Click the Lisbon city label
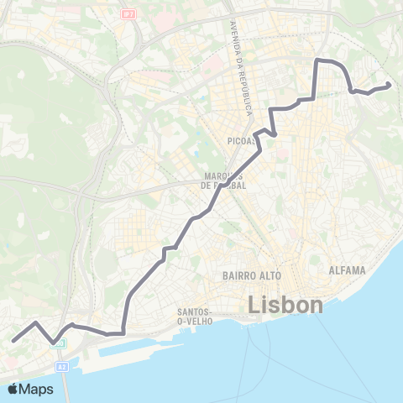tap(286, 305)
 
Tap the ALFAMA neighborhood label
tap(348, 270)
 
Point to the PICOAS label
tap(241, 141)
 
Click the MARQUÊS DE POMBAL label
tap(224, 181)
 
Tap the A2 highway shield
tap(62, 367)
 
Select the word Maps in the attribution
tap(37, 390)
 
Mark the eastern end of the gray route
tap(389, 86)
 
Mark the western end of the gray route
tap(13, 341)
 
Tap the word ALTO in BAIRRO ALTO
tap(269, 275)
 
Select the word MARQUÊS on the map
tap(217, 176)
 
